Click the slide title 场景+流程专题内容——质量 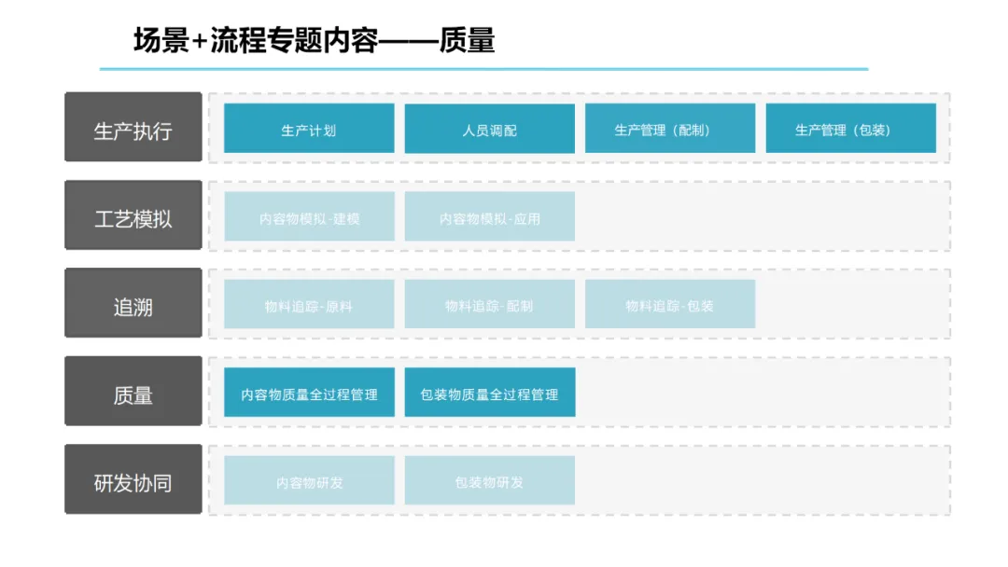pos(314,40)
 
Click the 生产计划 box pos(309,129)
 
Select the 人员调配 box pos(490,129)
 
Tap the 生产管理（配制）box pos(670,129)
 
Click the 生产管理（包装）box pos(851,129)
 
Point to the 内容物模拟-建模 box pos(309,216)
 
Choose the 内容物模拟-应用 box pos(490,216)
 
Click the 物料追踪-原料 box pos(309,304)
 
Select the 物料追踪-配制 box pos(490,304)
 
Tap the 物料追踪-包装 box pos(670,304)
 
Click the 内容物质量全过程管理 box pos(309,393)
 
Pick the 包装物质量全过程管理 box pos(490,393)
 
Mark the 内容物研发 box pos(309,480)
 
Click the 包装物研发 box pos(490,480)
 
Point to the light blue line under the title pos(483,68)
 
